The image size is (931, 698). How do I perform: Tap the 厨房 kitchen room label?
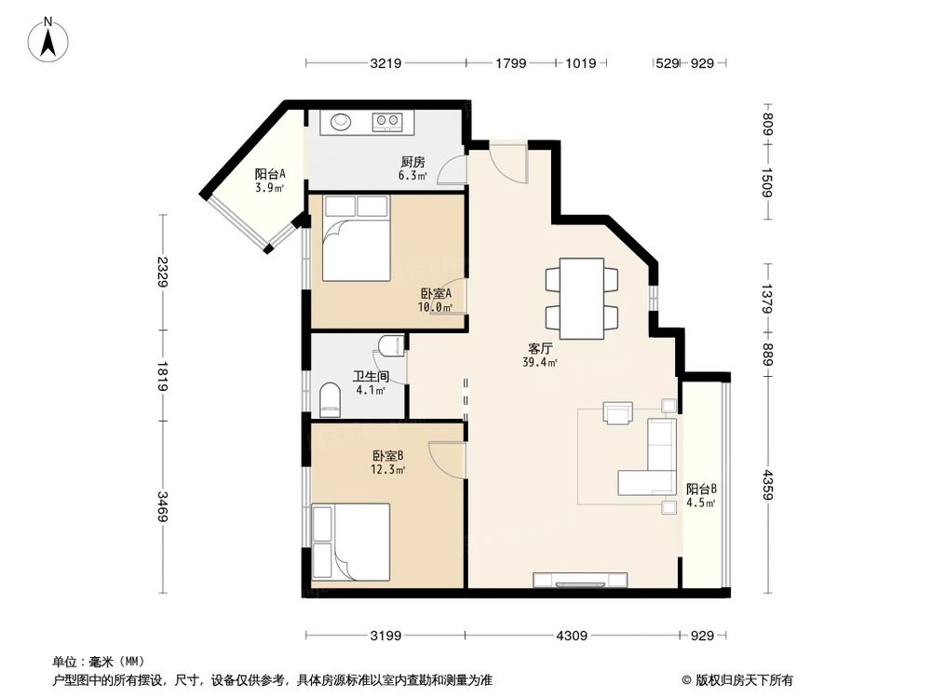[412, 167]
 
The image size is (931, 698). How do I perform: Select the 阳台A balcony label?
[270, 180]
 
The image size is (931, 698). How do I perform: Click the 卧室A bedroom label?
[435, 299]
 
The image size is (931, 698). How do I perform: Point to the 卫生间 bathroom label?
[369, 383]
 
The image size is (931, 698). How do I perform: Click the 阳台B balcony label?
[700, 495]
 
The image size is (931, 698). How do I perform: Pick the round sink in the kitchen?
[340, 121]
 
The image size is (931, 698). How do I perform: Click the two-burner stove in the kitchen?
[387, 121]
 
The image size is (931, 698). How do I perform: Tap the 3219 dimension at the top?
[385, 63]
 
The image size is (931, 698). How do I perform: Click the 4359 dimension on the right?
[768, 484]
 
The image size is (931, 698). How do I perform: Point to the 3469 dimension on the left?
[163, 505]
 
